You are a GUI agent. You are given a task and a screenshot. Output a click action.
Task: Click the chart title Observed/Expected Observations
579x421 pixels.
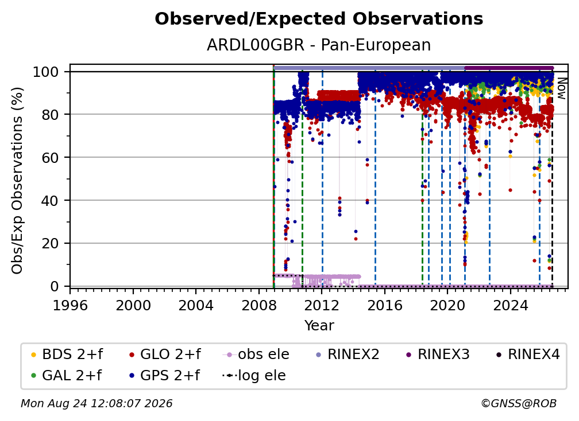coord(319,19)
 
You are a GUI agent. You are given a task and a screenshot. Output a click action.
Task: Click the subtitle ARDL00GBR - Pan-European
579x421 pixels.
coord(319,45)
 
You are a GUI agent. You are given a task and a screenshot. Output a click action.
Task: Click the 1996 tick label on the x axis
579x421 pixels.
coord(70,306)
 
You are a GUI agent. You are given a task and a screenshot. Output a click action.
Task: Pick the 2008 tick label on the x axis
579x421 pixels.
coord(259,306)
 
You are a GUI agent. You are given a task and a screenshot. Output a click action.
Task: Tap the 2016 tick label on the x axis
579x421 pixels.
coord(385,306)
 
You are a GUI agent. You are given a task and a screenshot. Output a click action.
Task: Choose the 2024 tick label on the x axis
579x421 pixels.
coord(511,306)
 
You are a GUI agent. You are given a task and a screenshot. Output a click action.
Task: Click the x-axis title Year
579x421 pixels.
coord(319,326)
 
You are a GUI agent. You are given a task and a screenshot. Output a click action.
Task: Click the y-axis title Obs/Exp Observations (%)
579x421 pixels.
coord(17,181)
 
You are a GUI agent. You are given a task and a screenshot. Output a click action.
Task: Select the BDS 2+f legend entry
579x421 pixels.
coord(67,354)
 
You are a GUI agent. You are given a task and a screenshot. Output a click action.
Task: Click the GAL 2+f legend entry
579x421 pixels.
coord(66,376)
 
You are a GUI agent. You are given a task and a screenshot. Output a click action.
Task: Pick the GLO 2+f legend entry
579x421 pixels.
coord(165,354)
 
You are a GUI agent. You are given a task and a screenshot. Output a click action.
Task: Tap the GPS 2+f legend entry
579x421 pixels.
coord(164,376)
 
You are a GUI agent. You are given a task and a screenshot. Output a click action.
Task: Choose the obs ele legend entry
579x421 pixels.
coord(256,354)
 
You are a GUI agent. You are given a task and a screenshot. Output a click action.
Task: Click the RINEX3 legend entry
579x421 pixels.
coord(438,354)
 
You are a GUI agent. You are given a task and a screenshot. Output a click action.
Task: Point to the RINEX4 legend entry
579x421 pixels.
coord(528,354)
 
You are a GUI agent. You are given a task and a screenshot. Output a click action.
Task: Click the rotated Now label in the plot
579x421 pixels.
coord(561,88)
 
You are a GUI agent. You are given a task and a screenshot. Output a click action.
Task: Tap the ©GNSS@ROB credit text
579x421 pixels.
coord(519,403)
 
